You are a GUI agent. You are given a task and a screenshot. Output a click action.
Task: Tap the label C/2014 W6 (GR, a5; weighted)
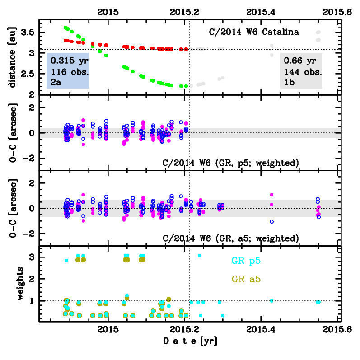coord(230,238)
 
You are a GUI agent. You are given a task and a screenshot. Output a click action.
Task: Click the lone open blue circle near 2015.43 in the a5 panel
coord(271,222)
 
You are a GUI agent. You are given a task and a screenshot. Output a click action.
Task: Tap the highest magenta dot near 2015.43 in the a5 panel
coord(271,195)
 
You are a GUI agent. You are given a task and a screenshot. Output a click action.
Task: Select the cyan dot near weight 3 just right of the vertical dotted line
coord(199,256)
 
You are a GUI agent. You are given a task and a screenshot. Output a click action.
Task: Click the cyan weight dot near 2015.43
coord(271,300)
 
